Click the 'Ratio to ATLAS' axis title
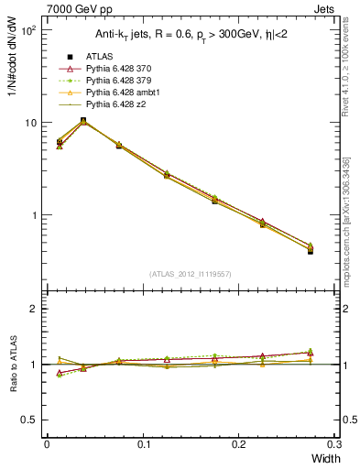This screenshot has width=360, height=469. (14, 364)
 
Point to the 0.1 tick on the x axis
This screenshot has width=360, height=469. (143, 443)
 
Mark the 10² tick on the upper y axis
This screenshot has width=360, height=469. (28, 30)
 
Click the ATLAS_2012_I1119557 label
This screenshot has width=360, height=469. (190, 274)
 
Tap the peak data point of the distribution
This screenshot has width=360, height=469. (83, 121)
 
